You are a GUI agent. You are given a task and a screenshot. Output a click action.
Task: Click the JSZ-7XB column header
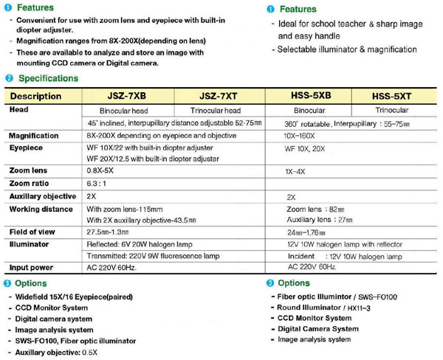click(x=127, y=96)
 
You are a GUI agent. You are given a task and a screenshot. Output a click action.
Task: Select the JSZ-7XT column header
click(x=221, y=96)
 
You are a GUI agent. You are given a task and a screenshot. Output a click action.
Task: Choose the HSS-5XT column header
click(x=396, y=96)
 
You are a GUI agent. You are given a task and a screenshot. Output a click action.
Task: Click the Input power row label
click(x=35, y=266)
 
